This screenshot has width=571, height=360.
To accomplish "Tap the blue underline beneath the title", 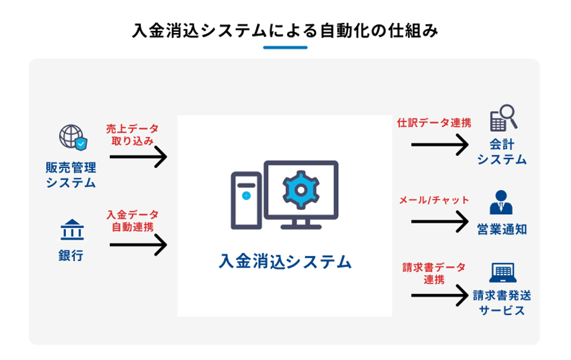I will (x=285, y=48).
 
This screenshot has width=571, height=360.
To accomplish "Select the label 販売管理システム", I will (x=71, y=176).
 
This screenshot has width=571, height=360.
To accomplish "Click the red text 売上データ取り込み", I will (x=132, y=134).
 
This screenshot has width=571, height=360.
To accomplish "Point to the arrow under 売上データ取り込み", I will (x=138, y=157).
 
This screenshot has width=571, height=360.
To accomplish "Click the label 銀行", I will (x=71, y=255).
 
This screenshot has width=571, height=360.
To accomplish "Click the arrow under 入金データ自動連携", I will (x=138, y=244).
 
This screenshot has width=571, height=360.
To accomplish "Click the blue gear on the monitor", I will (x=301, y=188).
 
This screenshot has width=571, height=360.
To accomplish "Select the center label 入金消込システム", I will (x=285, y=261).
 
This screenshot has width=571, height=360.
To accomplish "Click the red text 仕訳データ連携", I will (x=434, y=123).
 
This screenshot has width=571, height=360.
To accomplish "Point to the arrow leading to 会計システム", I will (x=439, y=145).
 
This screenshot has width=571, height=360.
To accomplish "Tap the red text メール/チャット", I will (x=434, y=200).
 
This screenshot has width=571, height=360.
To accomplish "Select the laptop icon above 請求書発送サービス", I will (x=502, y=274).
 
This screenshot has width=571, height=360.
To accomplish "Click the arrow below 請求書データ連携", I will (x=439, y=296).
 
